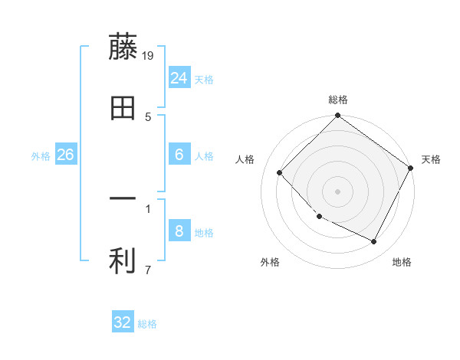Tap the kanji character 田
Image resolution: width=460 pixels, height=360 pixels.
pos(123,108)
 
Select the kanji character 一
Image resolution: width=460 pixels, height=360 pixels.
pos(123,200)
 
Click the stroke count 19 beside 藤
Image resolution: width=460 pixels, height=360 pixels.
pos(149,55)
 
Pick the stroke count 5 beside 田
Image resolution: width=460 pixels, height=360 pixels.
pos(149,116)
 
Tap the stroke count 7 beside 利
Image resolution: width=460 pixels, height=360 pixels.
pos(148,270)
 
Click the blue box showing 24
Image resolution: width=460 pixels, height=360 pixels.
pos(179,78)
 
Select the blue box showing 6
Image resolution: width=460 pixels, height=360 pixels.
pos(179,155)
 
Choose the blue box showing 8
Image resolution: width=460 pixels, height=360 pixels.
pos(179,231)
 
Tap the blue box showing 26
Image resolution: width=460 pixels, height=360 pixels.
pos(65,155)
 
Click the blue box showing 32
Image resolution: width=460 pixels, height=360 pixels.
pos(123,322)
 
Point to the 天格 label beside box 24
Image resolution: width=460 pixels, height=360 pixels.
pos(204,80)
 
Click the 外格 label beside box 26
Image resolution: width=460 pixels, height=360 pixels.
pos(41,156)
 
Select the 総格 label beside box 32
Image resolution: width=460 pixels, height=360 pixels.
pos(147,324)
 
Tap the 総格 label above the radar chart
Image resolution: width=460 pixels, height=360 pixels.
pos(338,100)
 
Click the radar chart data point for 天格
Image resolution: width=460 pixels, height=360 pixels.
pos(410,168)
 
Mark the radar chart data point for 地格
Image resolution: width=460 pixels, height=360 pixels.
pos(374,241)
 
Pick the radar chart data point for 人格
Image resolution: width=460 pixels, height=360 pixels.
pos(280,172)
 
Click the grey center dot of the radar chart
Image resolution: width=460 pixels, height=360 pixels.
pos(338,191)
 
